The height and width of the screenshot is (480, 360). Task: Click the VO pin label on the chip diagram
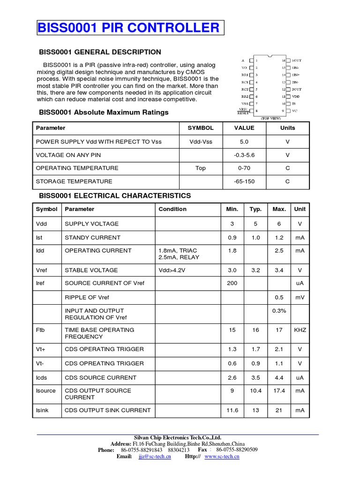tap(244, 68)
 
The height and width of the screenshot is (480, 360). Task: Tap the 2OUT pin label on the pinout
tap(296, 89)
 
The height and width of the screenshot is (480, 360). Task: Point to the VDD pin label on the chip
tap(295, 96)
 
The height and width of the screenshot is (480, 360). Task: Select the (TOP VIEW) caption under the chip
tap(270, 119)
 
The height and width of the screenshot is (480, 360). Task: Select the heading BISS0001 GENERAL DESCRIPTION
tap(100, 52)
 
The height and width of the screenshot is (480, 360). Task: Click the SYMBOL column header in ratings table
tap(201, 128)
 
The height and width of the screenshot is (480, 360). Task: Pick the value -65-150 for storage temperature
tap(244, 181)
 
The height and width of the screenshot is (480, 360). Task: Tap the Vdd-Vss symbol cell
tap(201, 142)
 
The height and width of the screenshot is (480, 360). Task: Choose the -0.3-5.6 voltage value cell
tap(244, 155)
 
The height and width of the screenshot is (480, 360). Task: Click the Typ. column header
tap(255, 210)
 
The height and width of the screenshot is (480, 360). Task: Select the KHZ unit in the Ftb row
tap(300, 330)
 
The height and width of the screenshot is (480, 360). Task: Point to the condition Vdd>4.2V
tap(172, 270)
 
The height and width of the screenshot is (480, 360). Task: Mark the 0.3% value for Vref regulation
tap(279, 311)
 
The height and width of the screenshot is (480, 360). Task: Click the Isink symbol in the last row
tap(42, 410)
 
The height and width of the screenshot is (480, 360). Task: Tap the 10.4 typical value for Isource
tap(255, 390)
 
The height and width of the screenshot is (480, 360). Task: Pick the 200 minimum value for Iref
tap(232, 283)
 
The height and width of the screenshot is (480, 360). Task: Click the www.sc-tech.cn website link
tap(222, 457)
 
